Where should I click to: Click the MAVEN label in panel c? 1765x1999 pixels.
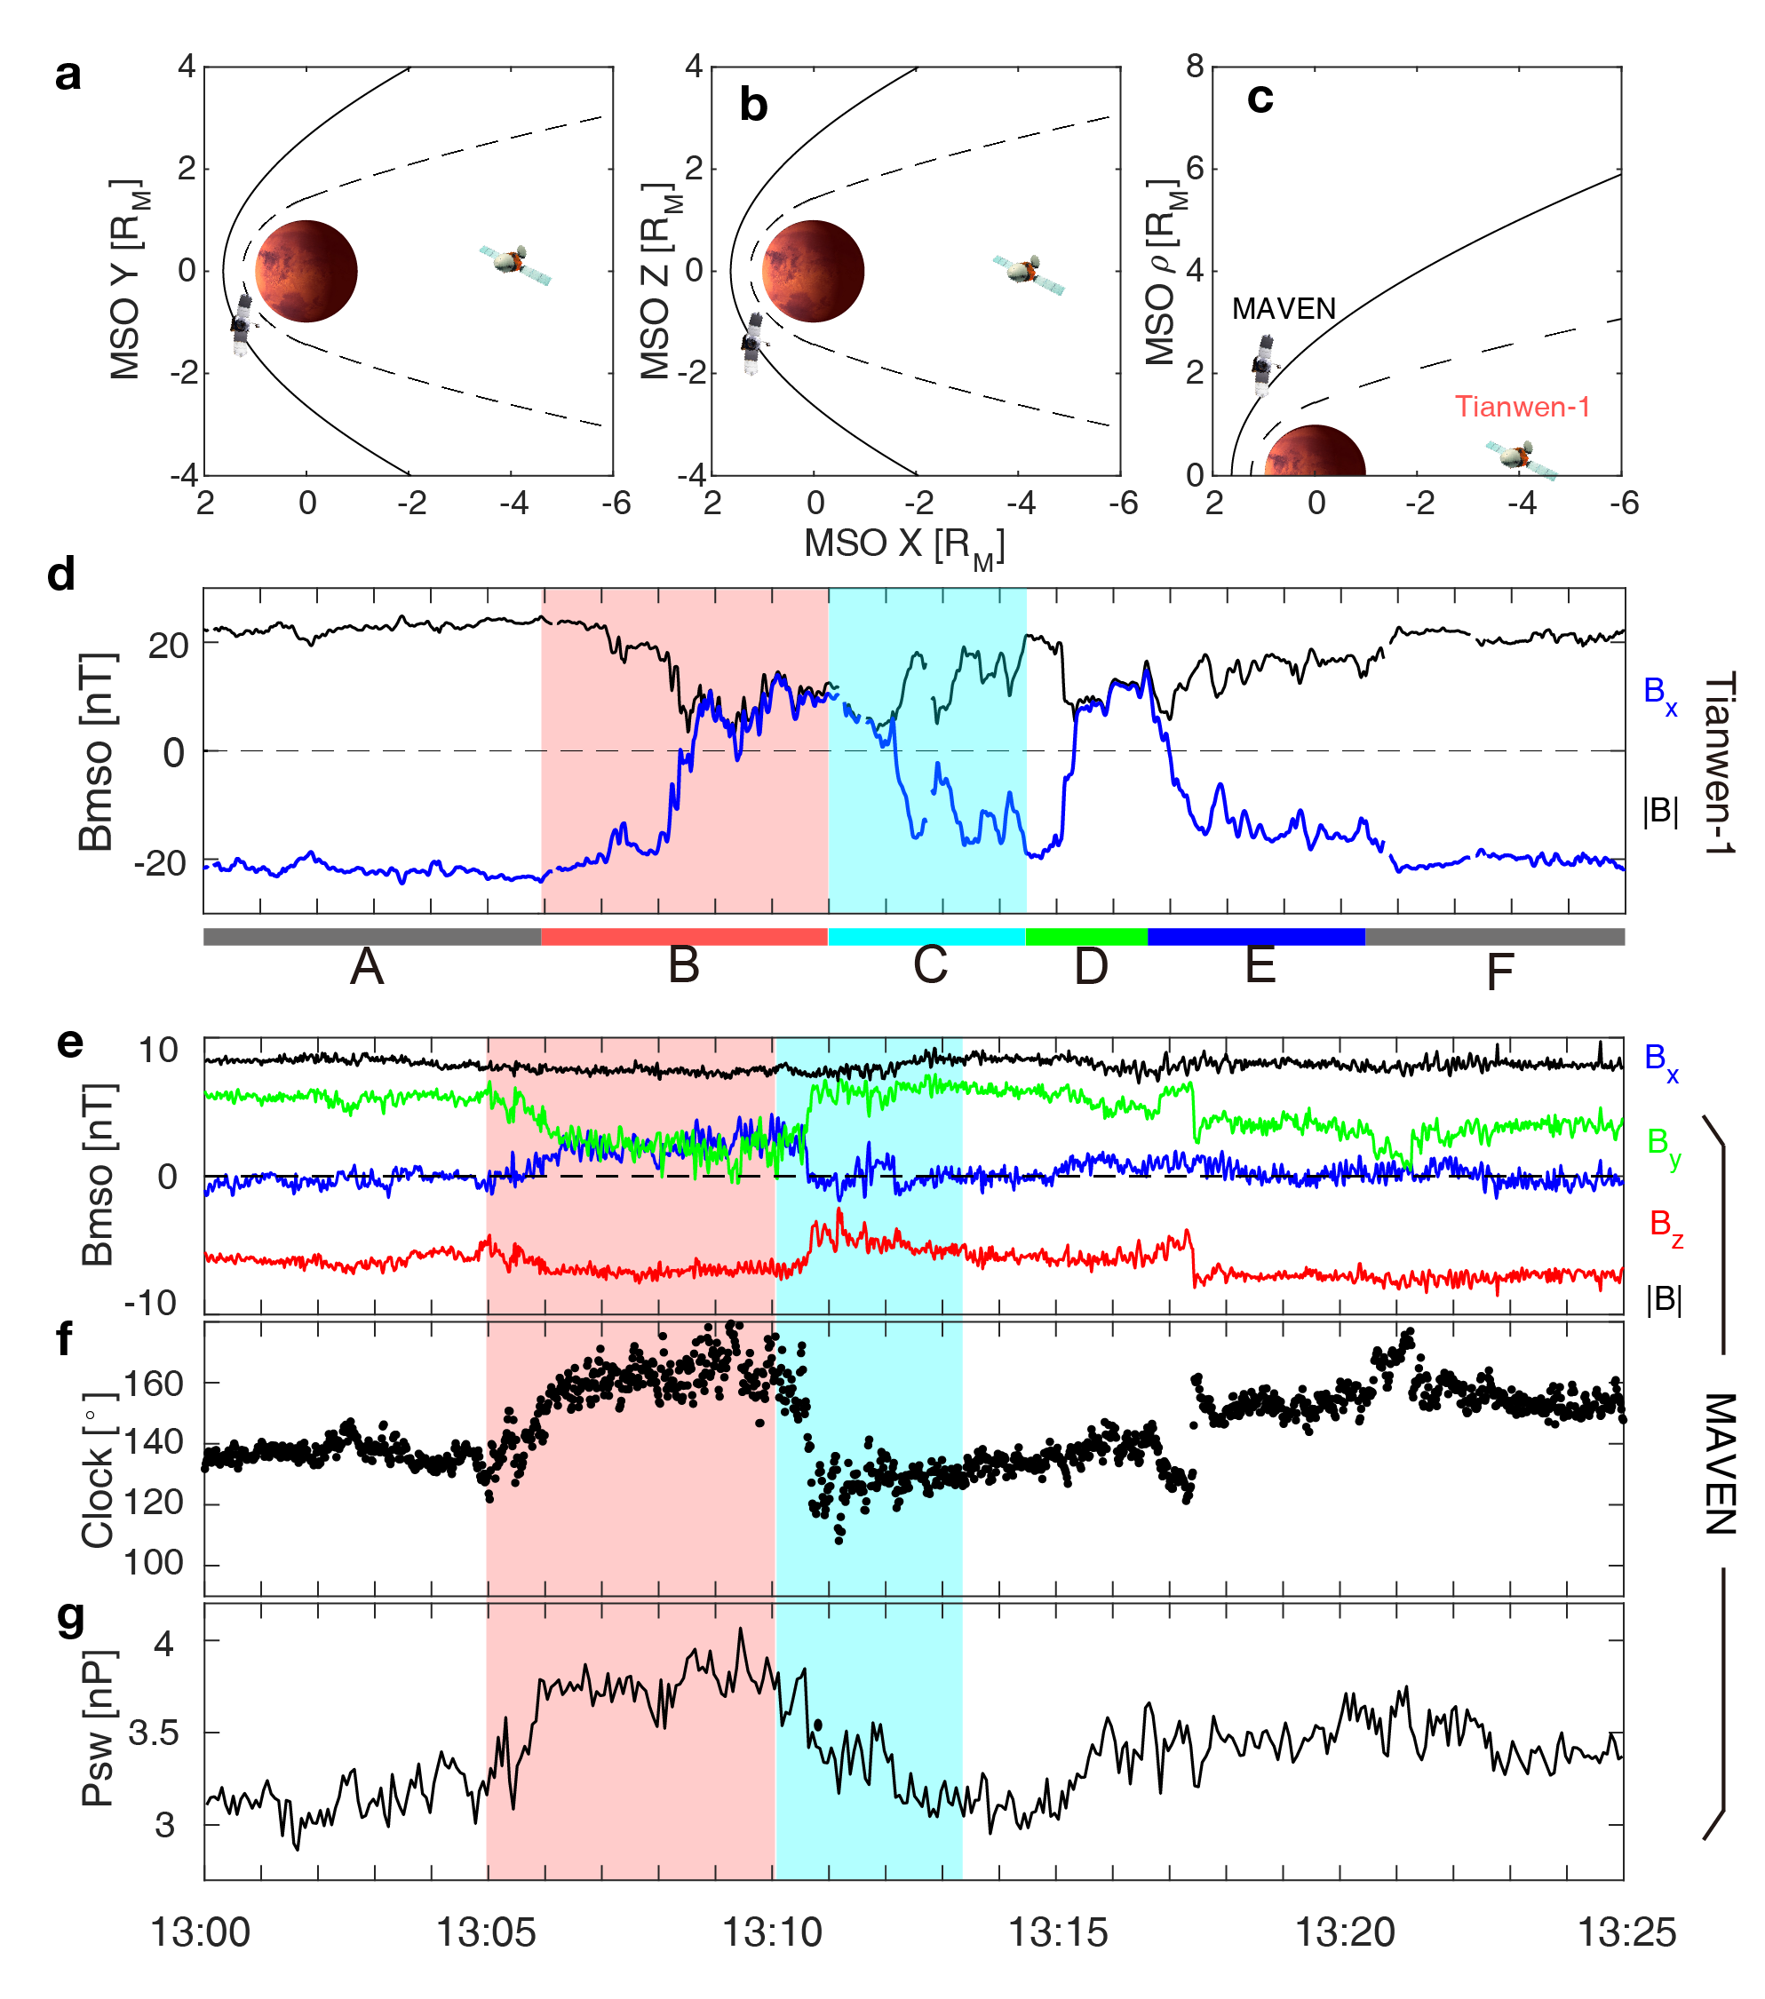click(1283, 309)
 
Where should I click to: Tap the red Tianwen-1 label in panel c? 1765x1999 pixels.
click(1522, 406)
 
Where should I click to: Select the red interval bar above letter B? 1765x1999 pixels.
click(684, 936)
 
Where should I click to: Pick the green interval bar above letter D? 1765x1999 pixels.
click(1086, 936)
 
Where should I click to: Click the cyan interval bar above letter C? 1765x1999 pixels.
click(926, 936)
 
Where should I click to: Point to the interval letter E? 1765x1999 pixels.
click(1260, 965)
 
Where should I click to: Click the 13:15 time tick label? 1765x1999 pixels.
click(1058, 1932)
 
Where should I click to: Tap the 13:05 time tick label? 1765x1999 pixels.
click(485, 1932)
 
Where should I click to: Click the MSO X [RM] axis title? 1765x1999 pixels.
click(904, 546)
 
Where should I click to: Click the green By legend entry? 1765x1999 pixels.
click(1663, 1144)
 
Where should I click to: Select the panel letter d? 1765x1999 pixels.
click(60, 575)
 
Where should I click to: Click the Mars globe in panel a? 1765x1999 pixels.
click(306, 271)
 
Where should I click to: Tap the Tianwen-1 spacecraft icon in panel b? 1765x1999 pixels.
click(1028, 271)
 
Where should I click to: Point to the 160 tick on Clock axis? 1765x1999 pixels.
click(155, 1384)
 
